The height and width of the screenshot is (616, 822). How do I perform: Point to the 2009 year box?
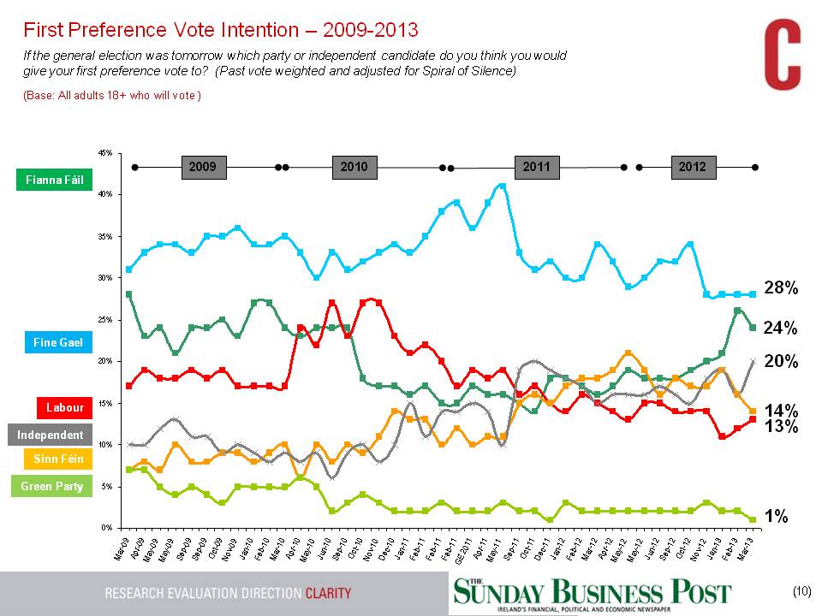[x=203, y=168]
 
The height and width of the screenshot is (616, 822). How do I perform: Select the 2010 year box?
[x=354, y=168]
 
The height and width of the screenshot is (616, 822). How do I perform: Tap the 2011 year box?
[x=536, y=168]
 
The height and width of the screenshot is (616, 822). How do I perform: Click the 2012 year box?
[x=692, y=168]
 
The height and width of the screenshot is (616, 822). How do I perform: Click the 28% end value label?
[x=781, y=289]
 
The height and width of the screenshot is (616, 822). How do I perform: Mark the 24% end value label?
[x=781, y=329]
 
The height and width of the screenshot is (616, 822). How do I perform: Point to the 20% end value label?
[x=781, y=362]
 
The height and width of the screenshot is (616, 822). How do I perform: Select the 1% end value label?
[x=776, y=516]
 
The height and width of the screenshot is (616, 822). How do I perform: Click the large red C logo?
[x=782, y=56]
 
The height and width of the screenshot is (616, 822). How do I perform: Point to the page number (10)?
[x=801, y=591]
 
